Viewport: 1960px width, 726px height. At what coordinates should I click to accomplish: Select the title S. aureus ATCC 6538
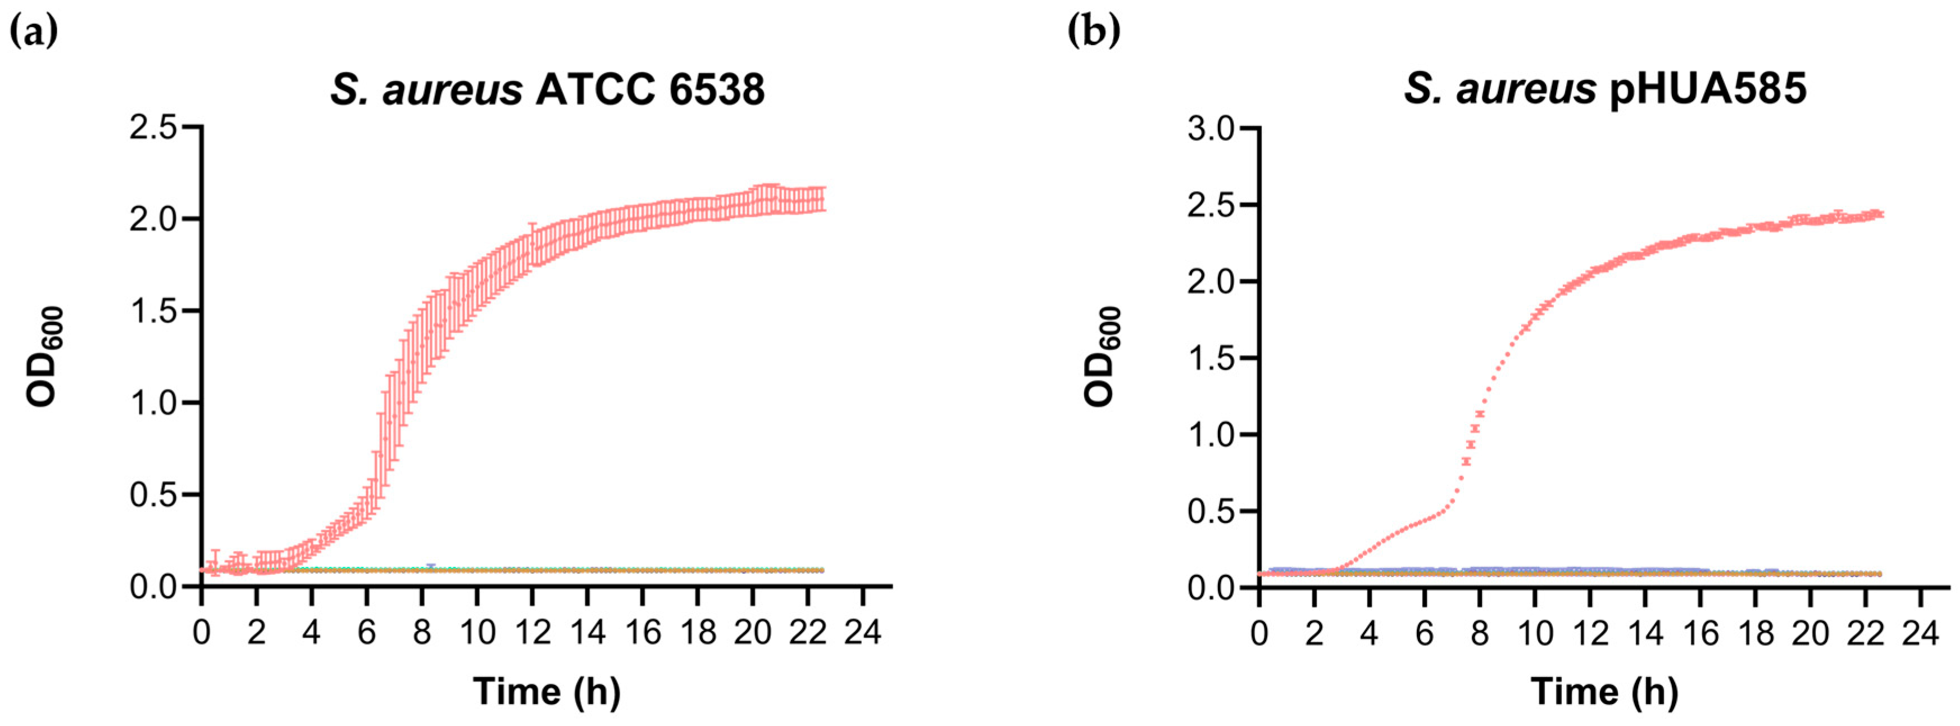[547, 90]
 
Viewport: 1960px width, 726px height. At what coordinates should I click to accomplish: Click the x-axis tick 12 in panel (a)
[532, 632]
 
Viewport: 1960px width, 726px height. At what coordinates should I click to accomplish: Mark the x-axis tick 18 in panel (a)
[698, 632]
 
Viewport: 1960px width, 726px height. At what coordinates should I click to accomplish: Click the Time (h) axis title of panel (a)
[547, 692]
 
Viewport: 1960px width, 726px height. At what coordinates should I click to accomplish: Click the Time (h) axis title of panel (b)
[1604, 692]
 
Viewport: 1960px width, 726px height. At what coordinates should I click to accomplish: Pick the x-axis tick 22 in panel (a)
[808, 632]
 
